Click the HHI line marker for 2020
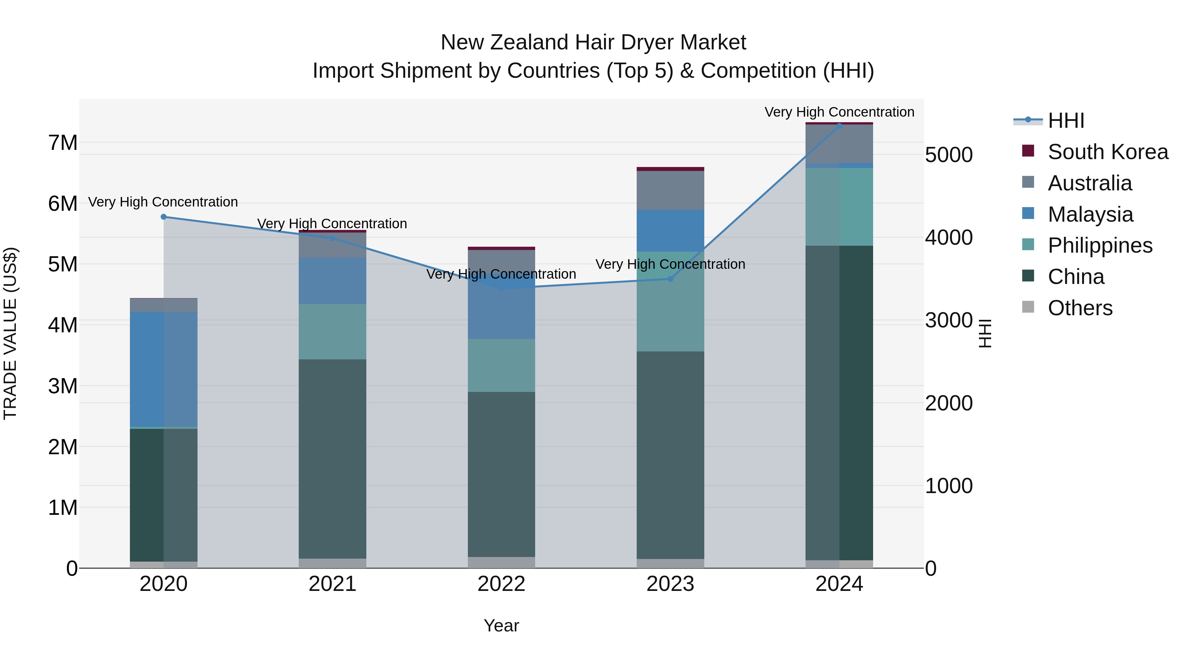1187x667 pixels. (164, 217)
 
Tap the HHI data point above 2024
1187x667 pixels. (839, 125)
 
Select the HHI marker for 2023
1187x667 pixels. (670, 279)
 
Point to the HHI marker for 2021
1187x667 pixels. (332, 238)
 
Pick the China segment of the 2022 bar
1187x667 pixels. (501, 474)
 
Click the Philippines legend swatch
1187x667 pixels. (1028, 245)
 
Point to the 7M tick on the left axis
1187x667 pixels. (63, 143)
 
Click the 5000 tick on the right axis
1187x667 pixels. (949, 155)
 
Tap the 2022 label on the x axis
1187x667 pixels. (501, 584)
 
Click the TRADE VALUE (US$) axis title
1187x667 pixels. (10, 333)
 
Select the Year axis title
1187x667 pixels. (501, 625)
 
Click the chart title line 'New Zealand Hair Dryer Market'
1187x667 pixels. (593, 42)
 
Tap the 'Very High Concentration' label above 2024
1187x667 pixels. (839, 112)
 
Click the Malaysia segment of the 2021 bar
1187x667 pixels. (332, 281)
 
